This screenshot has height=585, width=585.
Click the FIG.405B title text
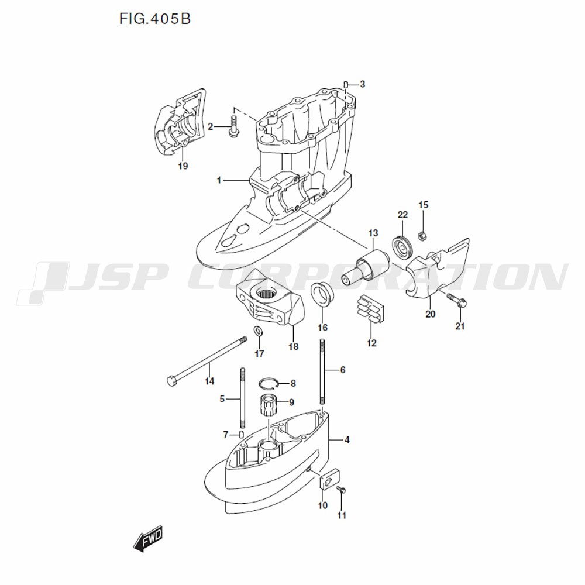pyautogui.click(x=155, y=19)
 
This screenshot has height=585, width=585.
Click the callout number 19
pyautogui.click(x=183, y=166)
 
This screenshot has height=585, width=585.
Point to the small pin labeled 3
pyautogui.click(x=346, y=84)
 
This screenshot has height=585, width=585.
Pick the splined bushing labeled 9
pyautogui.click(x=268, y=404)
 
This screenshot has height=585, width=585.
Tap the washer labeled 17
pyautogui.click(x=258, y=332)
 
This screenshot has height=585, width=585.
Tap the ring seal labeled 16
pyautogui.click(x=322, y=292)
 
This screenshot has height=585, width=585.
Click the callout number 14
pyautogui.click(x=209, y=381)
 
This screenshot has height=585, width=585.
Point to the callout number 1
pyautogui.click(x=219, y=181)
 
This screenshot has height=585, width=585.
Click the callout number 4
pyautogui.click(x=347, y=439)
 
